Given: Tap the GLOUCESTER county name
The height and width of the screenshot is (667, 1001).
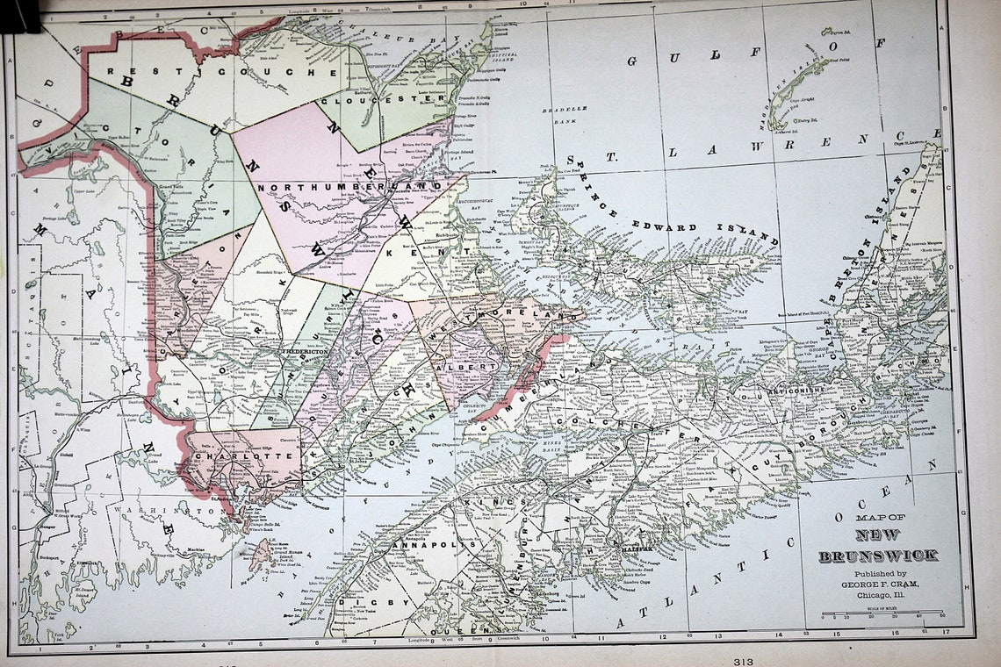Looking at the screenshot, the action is [382, 100].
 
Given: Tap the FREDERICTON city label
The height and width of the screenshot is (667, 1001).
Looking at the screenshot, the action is [305, 351].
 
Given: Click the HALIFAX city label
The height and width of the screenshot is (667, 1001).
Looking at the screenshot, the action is [630, 549].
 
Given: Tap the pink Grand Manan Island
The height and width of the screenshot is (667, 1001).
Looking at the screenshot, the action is [260, 555].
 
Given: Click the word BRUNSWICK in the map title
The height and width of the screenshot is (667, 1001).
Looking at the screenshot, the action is [878, 556].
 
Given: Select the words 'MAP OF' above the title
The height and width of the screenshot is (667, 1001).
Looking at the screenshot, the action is [878, 518].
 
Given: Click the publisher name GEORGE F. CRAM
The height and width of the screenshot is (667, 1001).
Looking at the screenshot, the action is [878, 584].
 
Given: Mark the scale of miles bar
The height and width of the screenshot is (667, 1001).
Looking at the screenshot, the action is [882, 613].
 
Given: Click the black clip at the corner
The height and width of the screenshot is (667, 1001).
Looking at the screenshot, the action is [19, 13].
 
